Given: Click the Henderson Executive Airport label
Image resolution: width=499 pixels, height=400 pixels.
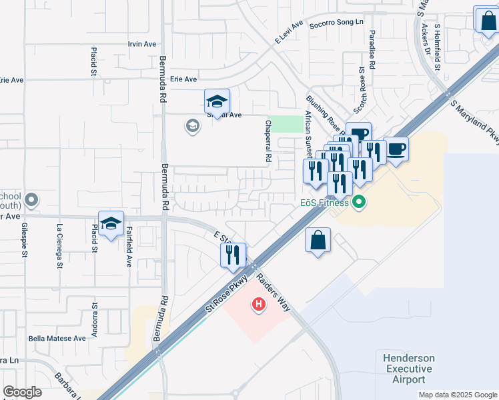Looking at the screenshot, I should [x=408, y=369].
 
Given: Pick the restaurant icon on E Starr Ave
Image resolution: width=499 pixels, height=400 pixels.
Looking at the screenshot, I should [x=233, y=255].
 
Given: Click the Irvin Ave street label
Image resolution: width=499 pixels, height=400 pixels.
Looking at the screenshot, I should [x=141, y=44].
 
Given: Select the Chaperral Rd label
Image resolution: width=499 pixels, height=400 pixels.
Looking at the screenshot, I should [x=268, y=141].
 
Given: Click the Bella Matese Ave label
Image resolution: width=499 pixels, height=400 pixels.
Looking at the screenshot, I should [x=57, y=339].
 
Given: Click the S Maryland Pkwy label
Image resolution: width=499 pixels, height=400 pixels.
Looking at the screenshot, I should [x=474, y=121].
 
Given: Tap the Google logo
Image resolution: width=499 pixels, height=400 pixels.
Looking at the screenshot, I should [x=22, y=391].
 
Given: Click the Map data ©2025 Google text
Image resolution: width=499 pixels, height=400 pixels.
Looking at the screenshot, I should [x=457, y=395].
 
